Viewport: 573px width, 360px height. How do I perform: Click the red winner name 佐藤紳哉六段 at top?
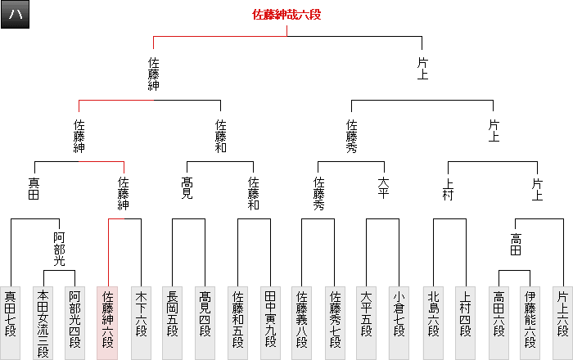pyautogui.click(x=286, y=15)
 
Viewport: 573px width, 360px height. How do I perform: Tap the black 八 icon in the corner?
pyautogui.click(x=16, y=16)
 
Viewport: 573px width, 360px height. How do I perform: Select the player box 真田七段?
pyautogui.click(x=11, y=312)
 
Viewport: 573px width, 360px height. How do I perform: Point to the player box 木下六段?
pyautogui.click(x=141, y=312)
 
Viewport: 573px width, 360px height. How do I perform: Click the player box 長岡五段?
pyautogui.click(x=172, y=312)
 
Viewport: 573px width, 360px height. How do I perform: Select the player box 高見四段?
pyautogui.click(x=205, y=312)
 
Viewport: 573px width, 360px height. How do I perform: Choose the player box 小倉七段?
pyautogui.click(x=399, y=312)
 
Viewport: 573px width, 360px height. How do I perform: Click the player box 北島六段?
pyautogui.click(x=431, y=312)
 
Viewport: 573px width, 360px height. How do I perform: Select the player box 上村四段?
pyautogui.click(x=464, y=312)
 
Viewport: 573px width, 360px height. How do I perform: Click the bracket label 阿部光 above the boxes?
pyautogui.click(x=59, y=248)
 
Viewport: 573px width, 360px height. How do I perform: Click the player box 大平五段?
pyautogui.click(x=366, y=312)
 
